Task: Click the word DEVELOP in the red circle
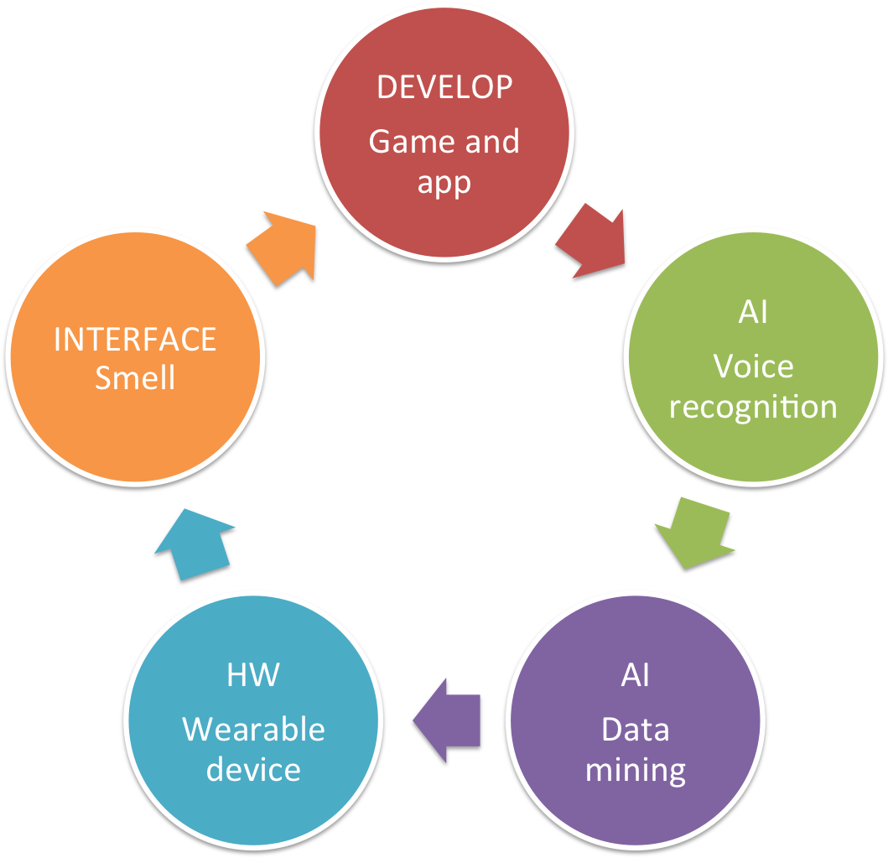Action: coord(444,87)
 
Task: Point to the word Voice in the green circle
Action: coord(753,366)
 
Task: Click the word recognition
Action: coord(753,407)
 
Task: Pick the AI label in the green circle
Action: coord(753,313)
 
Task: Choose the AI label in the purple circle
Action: coord(636,675)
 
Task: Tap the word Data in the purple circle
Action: coord(636,729)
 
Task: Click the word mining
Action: coord(636,769)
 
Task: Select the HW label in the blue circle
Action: coord(253,675)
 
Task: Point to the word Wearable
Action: coord(253,729)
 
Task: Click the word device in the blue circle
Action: coord(253,769)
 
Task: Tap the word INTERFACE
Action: coord(135,340)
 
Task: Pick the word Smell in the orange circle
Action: coord(135,378)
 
